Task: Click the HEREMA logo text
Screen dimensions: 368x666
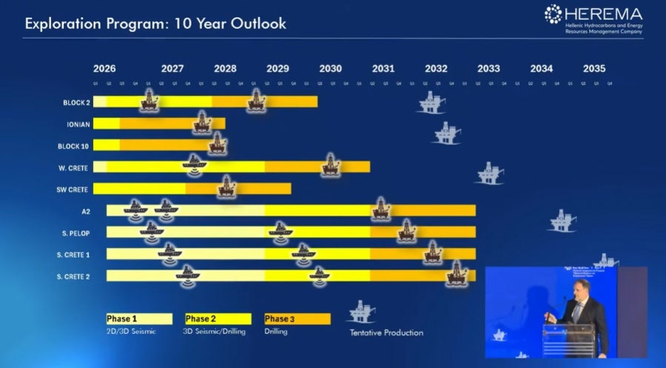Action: pos(602,13)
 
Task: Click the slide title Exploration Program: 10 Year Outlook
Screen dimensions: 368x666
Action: pos(155,23)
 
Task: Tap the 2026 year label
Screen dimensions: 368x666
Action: pos(104,69)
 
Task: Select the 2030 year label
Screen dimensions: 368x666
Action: pos(330,69)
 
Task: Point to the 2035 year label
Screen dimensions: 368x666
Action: pos(593,69)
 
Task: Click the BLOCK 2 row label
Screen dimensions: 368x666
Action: pos(76,102)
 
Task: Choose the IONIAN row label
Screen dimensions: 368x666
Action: pos(78,124)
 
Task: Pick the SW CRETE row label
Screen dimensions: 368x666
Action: pos(73,190)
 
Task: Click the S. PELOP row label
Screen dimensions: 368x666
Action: pos(75,233)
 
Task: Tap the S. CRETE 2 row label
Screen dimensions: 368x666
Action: pos(73,276)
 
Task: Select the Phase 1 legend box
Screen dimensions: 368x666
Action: pos(139,319)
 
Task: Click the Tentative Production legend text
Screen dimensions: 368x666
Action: pos(386,332)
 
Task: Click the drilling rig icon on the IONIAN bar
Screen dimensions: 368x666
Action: pos(202,122)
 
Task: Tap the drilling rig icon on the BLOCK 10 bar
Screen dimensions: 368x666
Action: pos(218,144)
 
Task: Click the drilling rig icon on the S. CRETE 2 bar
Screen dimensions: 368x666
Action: pos(457,274)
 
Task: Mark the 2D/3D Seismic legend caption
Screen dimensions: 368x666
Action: pos(131,332)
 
